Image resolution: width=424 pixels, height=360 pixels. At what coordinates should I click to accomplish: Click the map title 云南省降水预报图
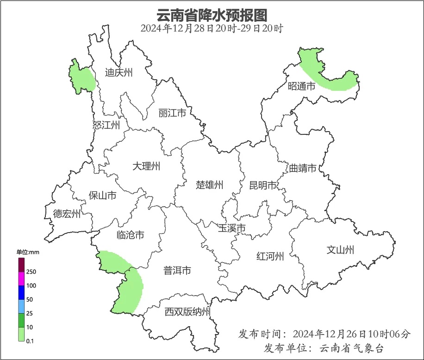point(212,15)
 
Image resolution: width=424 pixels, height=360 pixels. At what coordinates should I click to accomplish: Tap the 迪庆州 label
point(118,73)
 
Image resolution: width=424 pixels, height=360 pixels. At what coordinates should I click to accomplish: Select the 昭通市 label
point(301,86)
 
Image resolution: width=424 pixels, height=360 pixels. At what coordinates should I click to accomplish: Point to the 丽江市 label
point(172,113)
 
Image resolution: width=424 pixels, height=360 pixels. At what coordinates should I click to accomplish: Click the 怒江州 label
point(106,125)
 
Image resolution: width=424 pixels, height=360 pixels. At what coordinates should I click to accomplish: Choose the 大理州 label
point(146,166)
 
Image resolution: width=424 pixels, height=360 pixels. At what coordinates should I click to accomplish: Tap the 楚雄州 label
point(209,185)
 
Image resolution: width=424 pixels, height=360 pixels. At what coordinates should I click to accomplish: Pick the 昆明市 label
point(262,185)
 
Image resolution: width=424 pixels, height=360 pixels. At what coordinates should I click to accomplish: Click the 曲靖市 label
point(303,168)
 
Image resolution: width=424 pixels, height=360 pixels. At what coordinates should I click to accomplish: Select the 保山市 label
point(102,196)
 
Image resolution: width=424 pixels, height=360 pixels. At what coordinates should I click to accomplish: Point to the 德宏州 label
point(67,214)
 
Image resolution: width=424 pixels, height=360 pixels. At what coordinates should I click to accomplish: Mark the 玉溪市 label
point(231,228)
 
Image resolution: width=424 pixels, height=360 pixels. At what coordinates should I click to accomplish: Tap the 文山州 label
point(340,250)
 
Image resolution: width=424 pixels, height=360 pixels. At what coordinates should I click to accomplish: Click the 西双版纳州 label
point(187,312)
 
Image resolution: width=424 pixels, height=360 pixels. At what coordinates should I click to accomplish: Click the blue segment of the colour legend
point(21,292)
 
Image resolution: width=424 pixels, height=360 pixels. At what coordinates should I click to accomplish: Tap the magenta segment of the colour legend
point(21,279)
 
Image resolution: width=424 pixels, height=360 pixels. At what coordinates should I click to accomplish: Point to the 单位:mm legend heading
point(29,252)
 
